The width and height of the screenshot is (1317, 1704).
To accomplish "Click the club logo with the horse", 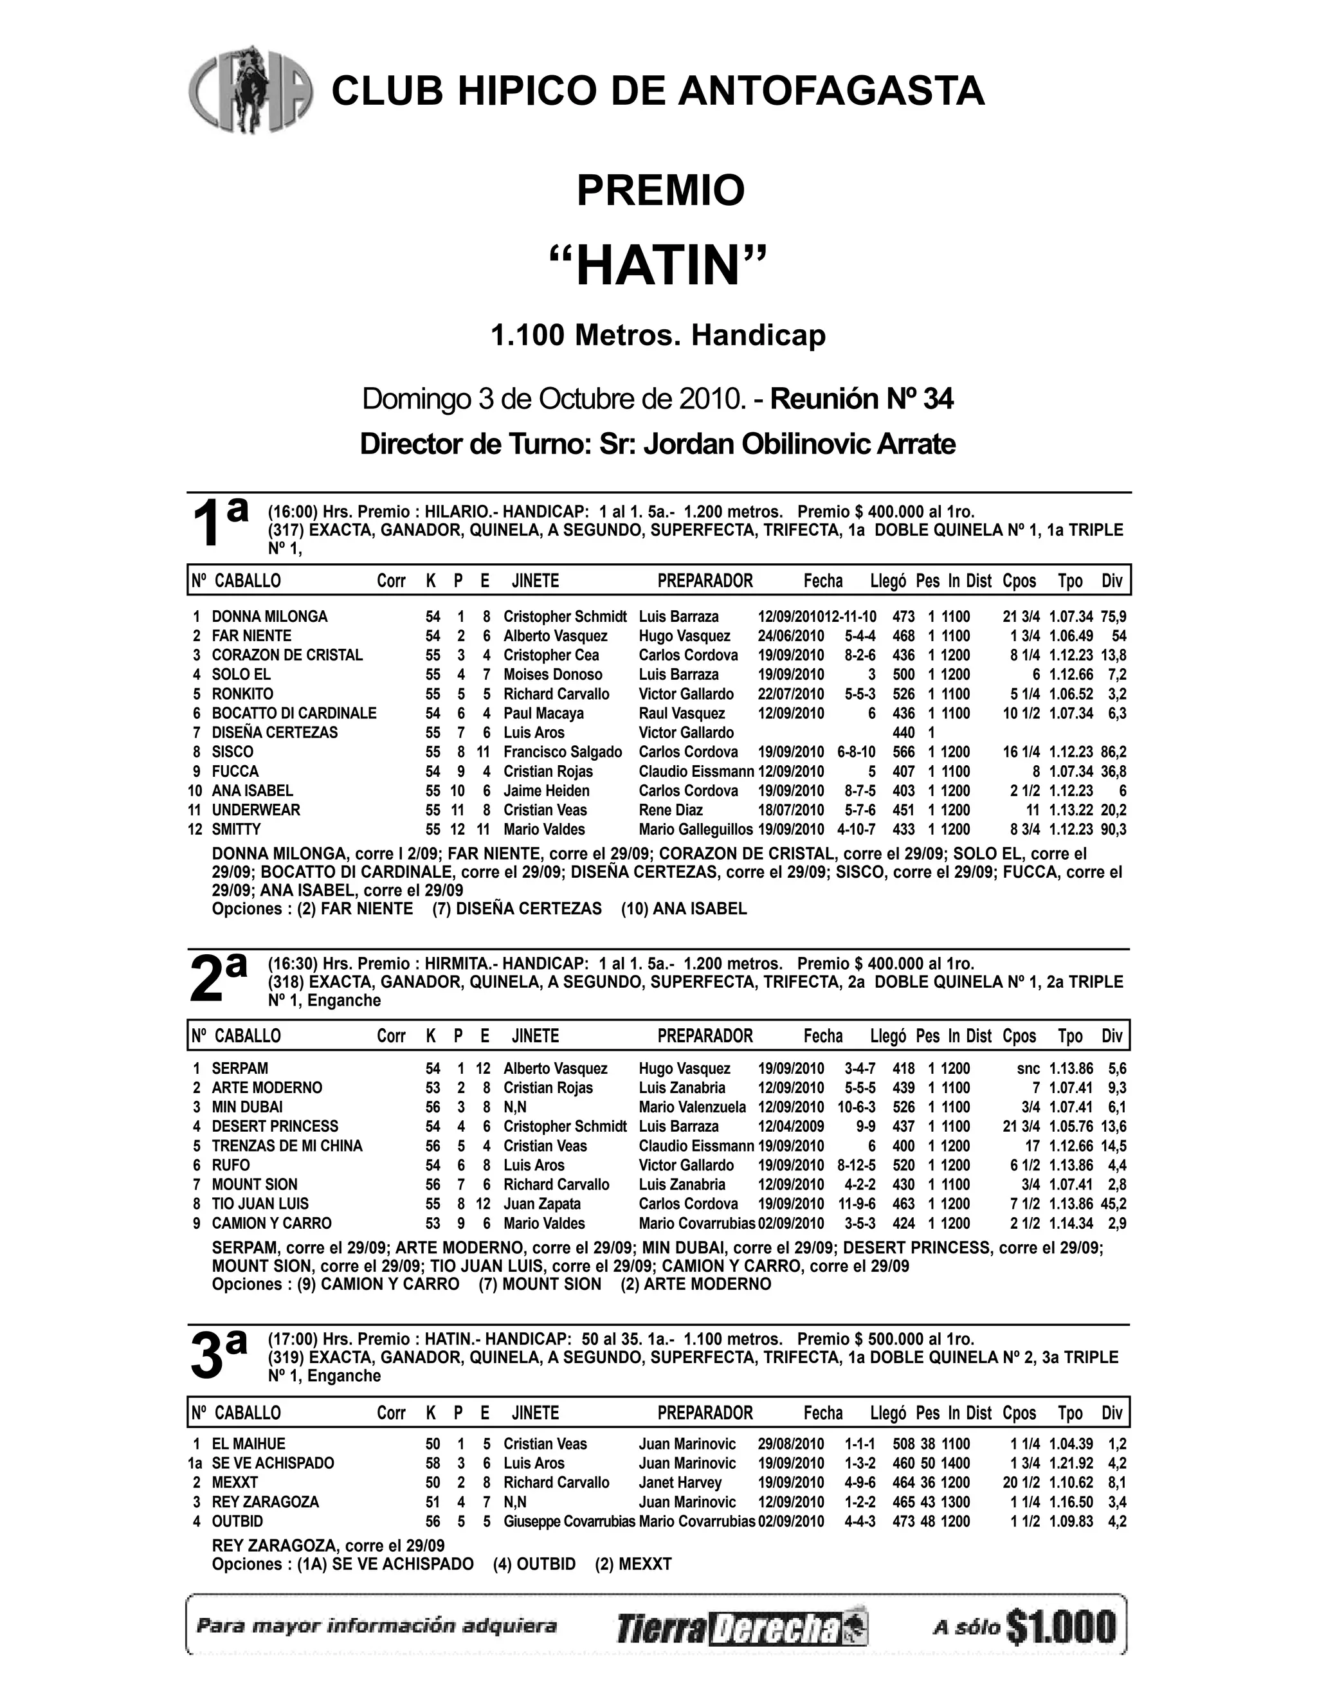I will tap(250, 89).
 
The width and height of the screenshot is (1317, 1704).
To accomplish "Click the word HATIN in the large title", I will tap(658, 266).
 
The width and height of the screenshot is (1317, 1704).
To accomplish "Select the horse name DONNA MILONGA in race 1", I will tap(269, 617).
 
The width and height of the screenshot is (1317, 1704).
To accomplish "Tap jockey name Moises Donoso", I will tap(552, 674).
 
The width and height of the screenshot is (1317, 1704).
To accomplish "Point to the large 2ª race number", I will tap(218, 979).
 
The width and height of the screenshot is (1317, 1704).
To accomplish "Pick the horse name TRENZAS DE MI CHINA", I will tap(287, 1145).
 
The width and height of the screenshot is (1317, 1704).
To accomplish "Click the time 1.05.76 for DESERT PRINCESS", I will tap(1071, 1126).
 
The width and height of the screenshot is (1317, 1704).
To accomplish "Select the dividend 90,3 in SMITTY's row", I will tap(1113, 829).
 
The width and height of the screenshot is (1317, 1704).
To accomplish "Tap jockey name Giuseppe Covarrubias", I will tap(568, 1521).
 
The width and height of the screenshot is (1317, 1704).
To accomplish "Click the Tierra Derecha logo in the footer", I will tap(741, 1628).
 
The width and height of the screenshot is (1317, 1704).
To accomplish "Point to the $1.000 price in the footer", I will tap(1061, 1627).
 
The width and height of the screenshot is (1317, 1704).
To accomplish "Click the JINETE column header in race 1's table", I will tap(535, 581).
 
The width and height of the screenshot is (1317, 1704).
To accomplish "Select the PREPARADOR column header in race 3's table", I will tap(705, 1412).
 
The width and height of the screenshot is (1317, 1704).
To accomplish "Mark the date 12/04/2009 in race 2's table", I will tap(790, 1126).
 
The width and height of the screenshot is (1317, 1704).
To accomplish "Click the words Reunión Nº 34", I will tap(861, 399).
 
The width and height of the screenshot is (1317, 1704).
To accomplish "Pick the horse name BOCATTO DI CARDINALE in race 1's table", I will tap(293, 713).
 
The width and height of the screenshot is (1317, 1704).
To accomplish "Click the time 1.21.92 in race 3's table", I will tap(1071, 1463).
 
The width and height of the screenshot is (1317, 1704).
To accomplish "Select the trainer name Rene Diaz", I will tap(670, 810).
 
